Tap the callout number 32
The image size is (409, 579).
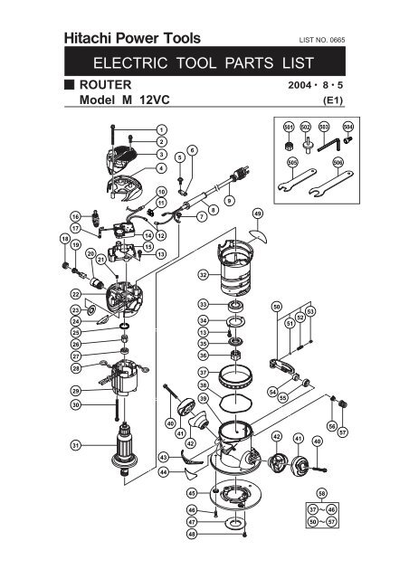tap(204, 274)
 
